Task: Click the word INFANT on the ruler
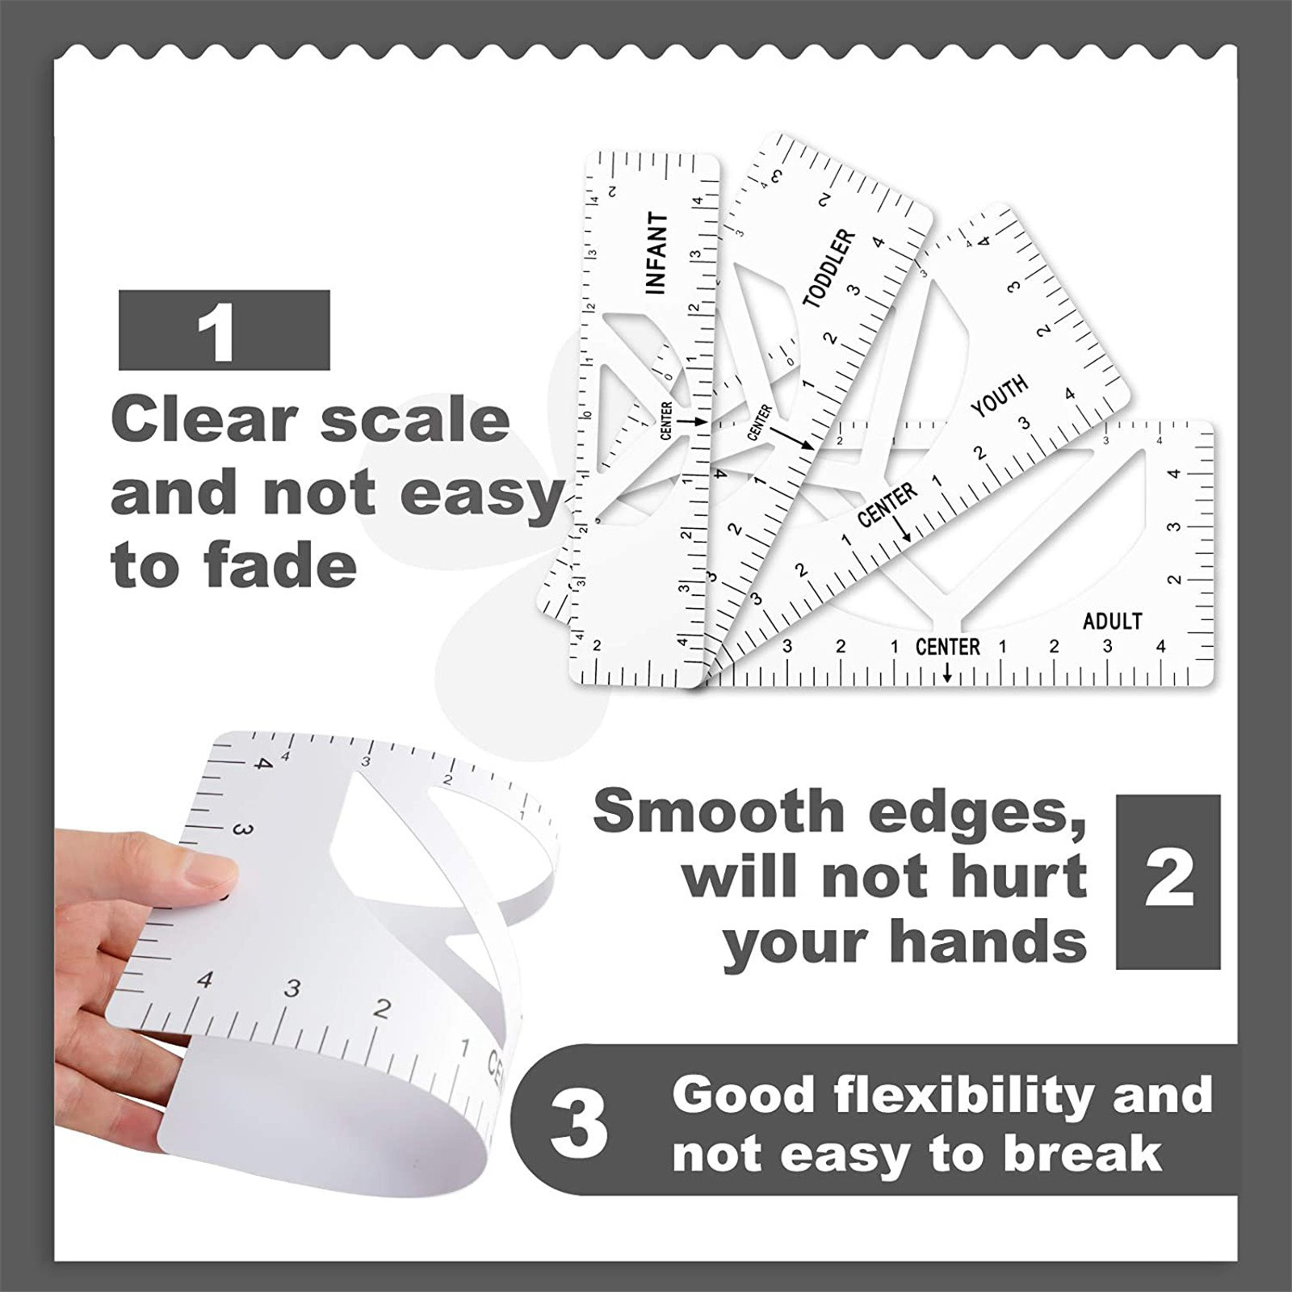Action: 657,254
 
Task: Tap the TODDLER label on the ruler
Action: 829,268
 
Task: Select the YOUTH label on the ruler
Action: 1000,396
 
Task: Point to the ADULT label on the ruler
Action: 1112,621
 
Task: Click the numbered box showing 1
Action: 224,330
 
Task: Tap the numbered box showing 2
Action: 1168,882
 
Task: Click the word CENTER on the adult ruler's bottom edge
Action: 947,647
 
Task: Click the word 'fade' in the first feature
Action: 280,564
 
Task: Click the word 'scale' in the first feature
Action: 415,420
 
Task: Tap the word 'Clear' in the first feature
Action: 204,420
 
